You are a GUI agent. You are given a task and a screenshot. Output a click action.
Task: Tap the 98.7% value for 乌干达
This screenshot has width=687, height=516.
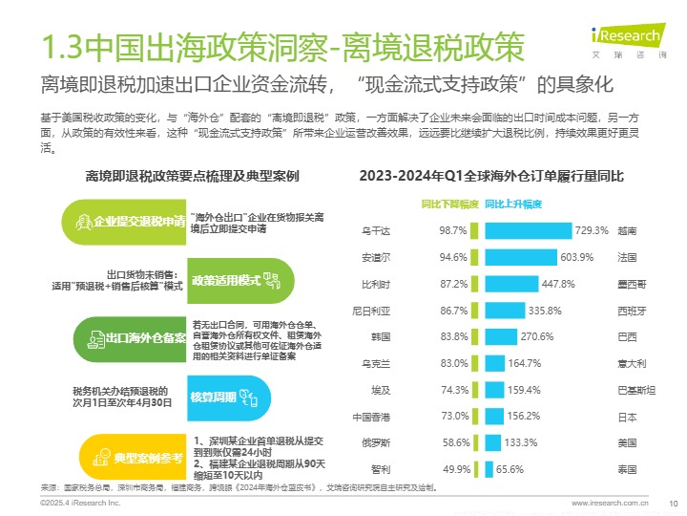(x=452, y=230)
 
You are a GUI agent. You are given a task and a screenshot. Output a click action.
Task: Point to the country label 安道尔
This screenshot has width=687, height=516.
(x=376, y=257)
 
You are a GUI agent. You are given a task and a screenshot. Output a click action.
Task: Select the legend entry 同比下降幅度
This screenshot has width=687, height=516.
(x=449, y=204)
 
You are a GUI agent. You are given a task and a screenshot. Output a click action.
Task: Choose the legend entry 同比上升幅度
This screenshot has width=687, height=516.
(x=513, y=204)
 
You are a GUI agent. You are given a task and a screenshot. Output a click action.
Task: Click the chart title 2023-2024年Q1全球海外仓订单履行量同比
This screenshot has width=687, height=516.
(x=491, y=177)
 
